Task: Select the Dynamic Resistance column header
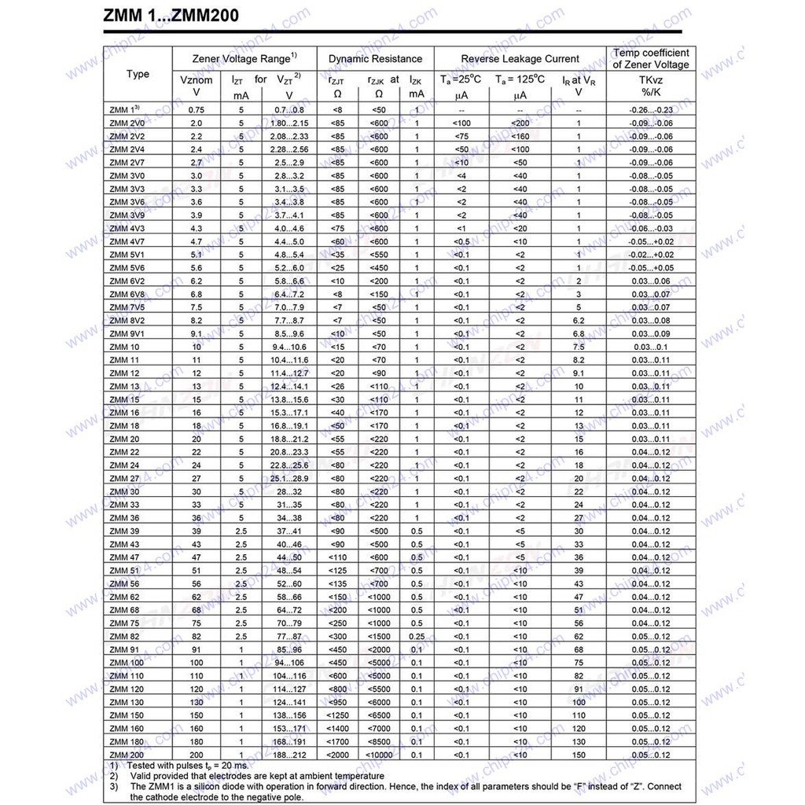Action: point(375,59)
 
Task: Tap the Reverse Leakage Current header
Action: point(520,59)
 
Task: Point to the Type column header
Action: point(138,75)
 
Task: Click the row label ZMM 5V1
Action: point(127,255)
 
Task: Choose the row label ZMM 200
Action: point(127,755)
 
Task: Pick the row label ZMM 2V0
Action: point(127,123)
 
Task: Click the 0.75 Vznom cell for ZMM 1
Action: point(196,110)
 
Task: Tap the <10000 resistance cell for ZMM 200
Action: point(378,755)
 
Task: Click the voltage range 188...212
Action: point(289,755)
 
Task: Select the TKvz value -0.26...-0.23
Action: point(651,110)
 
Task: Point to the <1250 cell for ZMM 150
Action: point(337,715)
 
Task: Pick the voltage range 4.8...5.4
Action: point(289,255)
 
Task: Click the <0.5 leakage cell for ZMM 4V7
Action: point(461,241)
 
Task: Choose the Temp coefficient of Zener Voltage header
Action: point(651,59)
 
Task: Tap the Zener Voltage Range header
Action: point(244,59)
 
